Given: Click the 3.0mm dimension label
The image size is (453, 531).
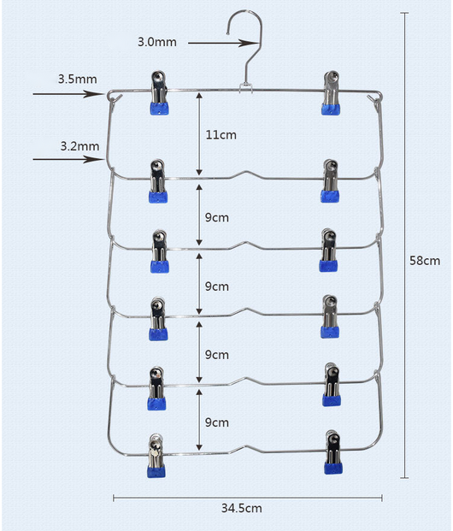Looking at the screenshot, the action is (157, 42).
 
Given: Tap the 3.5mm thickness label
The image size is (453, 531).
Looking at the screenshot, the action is (78, 79).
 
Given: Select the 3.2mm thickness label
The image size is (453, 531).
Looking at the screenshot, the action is (79, 146).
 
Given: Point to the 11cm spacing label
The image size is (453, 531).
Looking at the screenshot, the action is (221, 135).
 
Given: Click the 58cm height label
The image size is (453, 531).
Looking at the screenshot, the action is (425, 261).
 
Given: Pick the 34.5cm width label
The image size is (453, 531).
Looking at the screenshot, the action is (242, 508).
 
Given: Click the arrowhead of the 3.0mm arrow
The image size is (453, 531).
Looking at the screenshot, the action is (250, 43).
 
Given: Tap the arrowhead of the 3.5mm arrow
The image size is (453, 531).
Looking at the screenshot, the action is (93, 94).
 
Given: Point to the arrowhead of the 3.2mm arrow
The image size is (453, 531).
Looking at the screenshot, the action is (93, 159).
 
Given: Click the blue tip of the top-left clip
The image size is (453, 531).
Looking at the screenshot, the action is (160, 109).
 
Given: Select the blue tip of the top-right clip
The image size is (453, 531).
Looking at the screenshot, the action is (331, 109).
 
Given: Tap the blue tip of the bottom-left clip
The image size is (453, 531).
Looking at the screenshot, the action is (156, 471).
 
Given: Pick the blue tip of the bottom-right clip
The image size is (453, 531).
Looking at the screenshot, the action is (333, 468).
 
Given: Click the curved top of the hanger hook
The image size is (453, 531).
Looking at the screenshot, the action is (245, 13).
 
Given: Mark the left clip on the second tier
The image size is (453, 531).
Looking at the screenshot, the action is (158, 181).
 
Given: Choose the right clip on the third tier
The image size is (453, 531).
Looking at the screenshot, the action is (328, 250).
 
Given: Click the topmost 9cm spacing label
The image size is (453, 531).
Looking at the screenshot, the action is (217, 217).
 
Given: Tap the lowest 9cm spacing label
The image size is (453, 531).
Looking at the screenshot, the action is (217, 422).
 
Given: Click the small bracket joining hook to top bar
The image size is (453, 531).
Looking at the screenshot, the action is (246, 87).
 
